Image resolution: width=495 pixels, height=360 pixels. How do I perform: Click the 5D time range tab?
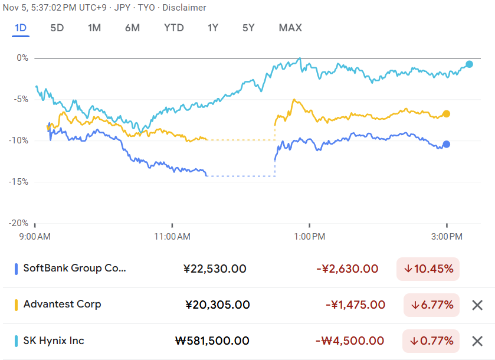[57, 28]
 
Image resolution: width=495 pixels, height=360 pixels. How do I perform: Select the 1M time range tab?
[94, 28]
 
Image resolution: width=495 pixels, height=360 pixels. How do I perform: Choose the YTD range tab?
[174, 28]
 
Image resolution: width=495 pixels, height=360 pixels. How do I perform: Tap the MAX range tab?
[290, 28]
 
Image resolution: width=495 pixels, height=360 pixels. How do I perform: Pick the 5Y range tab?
[249, 28]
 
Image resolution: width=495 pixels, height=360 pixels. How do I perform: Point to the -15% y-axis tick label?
[19, 182]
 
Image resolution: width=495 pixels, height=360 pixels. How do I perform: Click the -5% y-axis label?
[21, 99]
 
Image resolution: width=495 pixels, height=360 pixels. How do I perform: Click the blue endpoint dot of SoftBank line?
[447, 144]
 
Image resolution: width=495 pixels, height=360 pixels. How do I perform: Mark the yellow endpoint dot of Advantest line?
[447, 114]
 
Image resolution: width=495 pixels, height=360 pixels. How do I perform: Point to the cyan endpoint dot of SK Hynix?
[469, 64]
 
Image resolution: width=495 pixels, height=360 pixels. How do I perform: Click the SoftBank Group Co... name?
[74, 269]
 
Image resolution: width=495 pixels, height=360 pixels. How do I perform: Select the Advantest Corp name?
[62, 305]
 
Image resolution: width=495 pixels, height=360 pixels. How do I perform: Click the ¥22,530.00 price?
[215, 269]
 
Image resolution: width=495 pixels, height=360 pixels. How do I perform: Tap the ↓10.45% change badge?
[428, 269]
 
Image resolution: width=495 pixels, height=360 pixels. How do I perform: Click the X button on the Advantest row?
[477, 305]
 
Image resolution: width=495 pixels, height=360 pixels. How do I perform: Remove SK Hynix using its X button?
[477, 341]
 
